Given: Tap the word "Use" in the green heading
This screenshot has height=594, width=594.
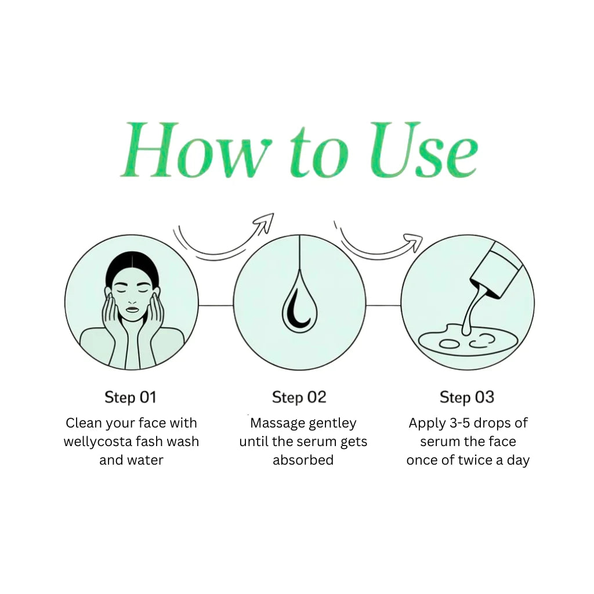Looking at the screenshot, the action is pos(423,150).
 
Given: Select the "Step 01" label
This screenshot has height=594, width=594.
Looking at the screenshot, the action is pos(131,397).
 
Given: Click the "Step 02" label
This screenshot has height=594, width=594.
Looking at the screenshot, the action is pos(299,397).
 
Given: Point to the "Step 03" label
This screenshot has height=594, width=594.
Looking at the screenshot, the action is pos(467,397).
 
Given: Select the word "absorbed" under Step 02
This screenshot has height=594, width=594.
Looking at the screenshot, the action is pos(303,460).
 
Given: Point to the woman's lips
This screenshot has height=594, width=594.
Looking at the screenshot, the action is pos(133,309).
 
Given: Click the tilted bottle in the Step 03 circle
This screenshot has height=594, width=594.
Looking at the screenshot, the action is pos(497,270).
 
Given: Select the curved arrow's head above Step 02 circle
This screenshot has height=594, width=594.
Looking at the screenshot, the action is pos(265,222).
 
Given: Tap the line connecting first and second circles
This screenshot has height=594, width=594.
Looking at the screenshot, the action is pos(216,305).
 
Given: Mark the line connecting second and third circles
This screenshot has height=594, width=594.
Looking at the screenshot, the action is pos(383,305).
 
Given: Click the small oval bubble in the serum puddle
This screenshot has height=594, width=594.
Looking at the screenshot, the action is pos(449,344).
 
